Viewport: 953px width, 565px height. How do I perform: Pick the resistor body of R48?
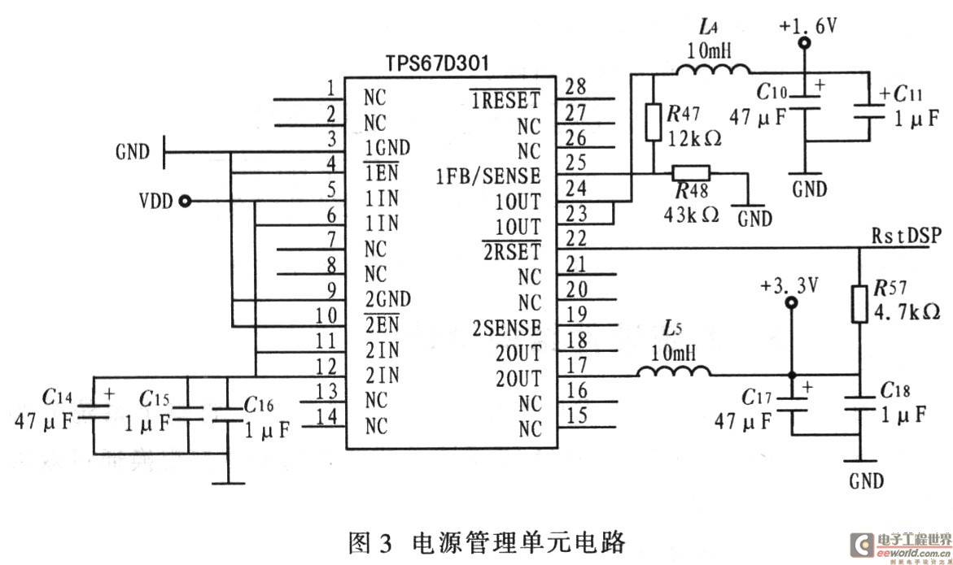pos(690,172)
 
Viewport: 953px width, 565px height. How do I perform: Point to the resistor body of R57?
pos(861,304)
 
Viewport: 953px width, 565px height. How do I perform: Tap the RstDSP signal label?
pos(906,237)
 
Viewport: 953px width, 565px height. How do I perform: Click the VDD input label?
pos(155,201)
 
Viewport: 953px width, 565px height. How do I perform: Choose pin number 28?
pos(575,87)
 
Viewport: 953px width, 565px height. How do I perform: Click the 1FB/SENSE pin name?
pos(488,176)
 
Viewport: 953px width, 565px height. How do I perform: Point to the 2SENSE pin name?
pos(506,328)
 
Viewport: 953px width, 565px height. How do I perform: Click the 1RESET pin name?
pos(505,101)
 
